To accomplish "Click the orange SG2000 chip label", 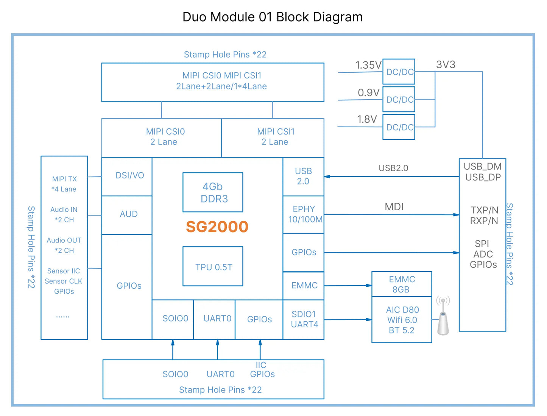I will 217,227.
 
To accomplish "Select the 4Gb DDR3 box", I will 213,192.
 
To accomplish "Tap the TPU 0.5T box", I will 213,266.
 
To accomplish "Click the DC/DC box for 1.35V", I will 399,72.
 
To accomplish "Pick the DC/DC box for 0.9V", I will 399,99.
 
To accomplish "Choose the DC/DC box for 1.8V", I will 399,127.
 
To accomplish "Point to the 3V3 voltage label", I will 446,64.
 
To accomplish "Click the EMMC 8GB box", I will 402,284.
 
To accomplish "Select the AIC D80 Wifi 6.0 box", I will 402,320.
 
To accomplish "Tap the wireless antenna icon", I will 443,316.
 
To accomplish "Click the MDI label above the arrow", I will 394,207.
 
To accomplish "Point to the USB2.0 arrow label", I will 393,168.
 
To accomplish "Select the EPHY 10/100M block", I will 304,214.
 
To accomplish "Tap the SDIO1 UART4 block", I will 304,319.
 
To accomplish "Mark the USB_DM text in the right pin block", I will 483,166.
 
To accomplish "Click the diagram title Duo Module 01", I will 273,17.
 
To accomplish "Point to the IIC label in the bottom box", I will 261,365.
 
